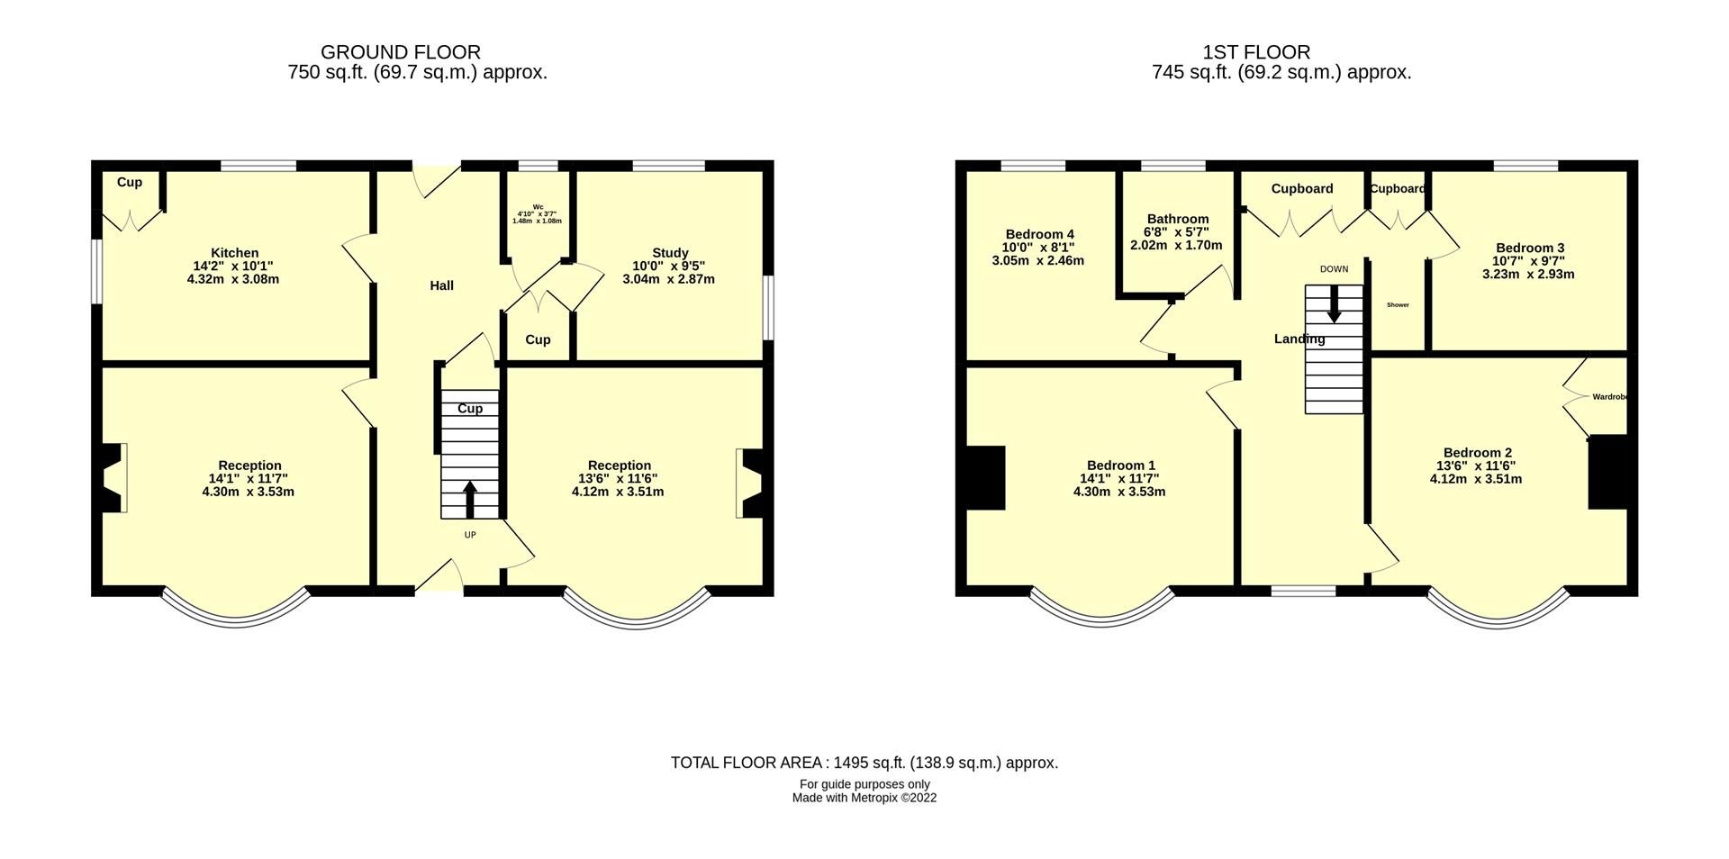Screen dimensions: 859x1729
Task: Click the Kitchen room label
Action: (234, 253)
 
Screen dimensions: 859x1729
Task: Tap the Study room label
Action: (670, 253)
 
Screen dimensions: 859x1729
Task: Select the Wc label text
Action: (538, 206)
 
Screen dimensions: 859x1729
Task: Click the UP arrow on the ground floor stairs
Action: (469, 499)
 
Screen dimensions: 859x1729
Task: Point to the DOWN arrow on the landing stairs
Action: (1334, 304)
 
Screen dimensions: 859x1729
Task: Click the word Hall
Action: (441, 285)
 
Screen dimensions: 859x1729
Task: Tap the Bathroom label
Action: (1177, 219)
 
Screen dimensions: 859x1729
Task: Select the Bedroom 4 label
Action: (1039, 234)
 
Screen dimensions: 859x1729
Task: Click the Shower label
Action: (1398, 305)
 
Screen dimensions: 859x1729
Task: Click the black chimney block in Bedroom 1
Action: (986, 478)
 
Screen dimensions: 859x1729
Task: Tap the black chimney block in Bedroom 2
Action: (1607, 472)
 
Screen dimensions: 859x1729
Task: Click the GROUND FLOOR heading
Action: (401, 52)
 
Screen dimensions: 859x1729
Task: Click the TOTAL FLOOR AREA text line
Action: (864, 763)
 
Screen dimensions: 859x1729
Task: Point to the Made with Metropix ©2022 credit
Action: (864, 798)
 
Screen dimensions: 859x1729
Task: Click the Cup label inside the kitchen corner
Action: (130, 183)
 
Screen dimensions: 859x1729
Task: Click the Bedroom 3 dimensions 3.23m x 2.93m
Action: (1528, 275)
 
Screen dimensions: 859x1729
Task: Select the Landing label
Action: (1299, 339)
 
